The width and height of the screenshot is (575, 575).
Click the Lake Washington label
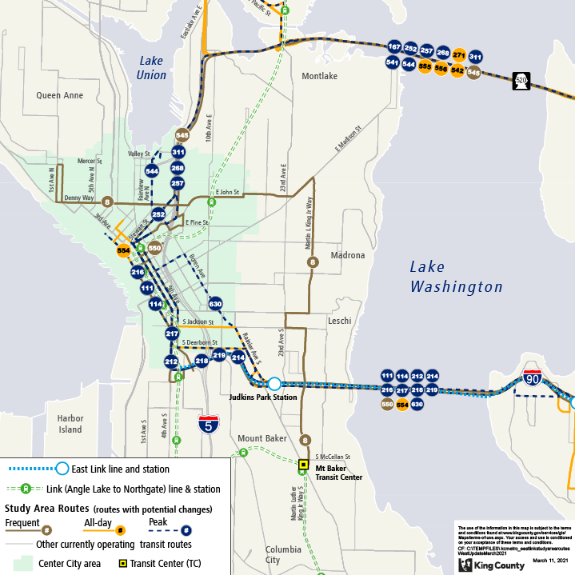coord(456,277)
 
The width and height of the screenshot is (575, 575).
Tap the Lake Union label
coord(151,67)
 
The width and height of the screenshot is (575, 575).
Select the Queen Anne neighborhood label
coord(59,95)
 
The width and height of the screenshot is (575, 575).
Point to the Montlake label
coord(319,76)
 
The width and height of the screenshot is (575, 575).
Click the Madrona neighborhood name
coord(345,256)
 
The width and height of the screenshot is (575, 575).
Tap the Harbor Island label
coord(70,424)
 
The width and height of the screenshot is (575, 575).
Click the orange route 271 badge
coord(459,55)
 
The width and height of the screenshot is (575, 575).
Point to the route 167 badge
coord(393,46)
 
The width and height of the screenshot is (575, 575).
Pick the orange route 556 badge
coord(441,69)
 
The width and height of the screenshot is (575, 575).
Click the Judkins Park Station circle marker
coord(274,384)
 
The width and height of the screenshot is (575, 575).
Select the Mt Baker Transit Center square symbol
coord(303,464)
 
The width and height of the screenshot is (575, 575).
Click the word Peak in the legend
coord(158,521)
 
